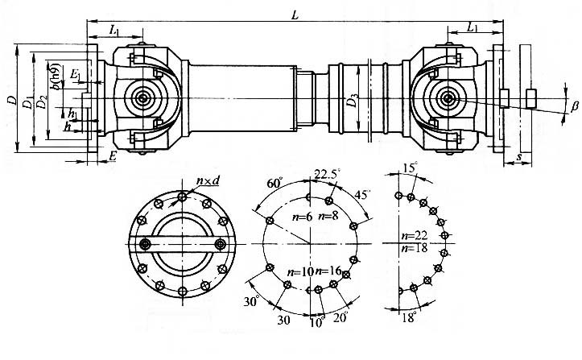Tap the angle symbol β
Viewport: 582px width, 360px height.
click(574, 106)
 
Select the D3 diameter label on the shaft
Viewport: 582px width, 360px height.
click(352, 101)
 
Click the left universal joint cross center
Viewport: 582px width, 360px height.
click(143, 99)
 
